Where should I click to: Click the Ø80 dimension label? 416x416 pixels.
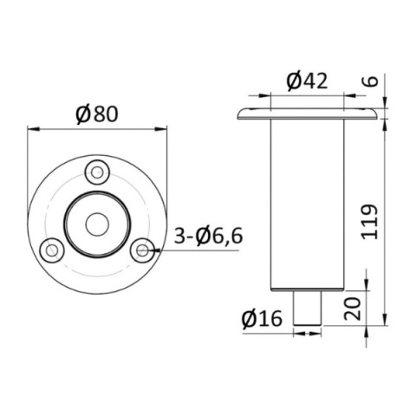click(x=96, y=114)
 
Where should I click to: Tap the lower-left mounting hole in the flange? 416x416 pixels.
click(x=53, y=250)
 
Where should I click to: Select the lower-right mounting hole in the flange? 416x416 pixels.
click(x=141, y=250)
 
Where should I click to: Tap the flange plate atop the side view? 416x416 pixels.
click(x=308, y=114)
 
